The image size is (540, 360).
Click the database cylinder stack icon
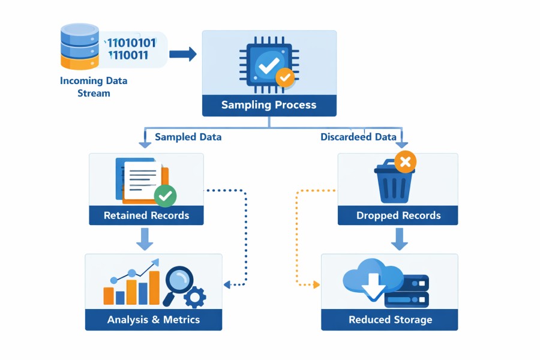79,46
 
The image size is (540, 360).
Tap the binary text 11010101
131,43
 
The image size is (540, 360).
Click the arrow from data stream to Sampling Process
182,55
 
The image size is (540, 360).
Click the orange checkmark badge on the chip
284,77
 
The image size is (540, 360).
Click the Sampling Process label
269,105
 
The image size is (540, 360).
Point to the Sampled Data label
188,137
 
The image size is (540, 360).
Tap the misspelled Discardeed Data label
358,137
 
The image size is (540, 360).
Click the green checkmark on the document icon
165,195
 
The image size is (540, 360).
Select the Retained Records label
146,215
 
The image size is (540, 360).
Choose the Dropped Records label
398,215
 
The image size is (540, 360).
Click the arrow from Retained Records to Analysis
145,238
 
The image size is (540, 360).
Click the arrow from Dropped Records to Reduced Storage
400,238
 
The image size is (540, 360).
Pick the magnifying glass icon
179,279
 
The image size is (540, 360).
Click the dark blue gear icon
195,297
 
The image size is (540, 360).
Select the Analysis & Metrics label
153,320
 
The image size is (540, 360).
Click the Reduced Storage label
390,320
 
